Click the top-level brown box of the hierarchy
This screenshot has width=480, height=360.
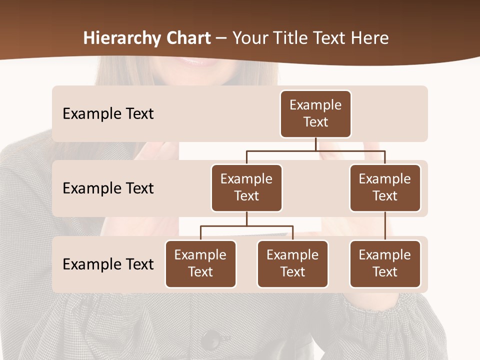pos(315,114)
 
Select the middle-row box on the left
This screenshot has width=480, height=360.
pos(246,188)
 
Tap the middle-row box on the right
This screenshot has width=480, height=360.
pos(385,188)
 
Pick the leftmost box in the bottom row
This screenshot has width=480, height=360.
pos(200,264)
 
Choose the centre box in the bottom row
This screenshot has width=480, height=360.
pos(292,264)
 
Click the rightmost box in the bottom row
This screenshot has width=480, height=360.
pos(385,264)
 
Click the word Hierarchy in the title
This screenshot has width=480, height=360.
pos(121,38)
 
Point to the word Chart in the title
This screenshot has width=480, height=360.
pos(187,38)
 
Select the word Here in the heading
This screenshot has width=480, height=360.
pos(370,38)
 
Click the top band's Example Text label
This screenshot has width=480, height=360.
pos(108,114)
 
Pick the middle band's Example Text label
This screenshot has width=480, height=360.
pos(108,188)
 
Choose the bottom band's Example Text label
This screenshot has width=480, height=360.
pos(108,264)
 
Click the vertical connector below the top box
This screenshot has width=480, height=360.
pos(315,144)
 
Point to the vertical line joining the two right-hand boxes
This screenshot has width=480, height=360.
pos(385,226)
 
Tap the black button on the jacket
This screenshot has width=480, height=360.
pos(211,340)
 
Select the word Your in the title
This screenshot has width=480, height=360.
pos(249,38)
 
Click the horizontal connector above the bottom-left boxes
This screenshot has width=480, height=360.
pos(246,226)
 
